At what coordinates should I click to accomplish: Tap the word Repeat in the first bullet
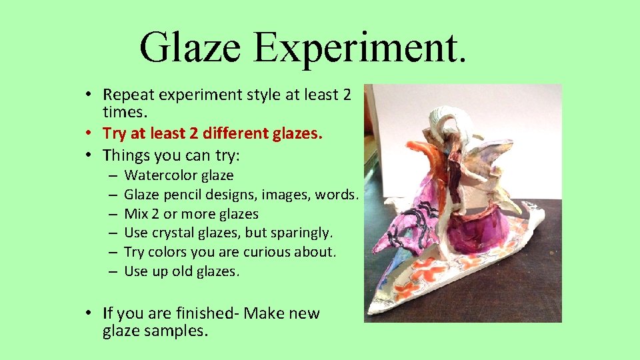pos(125,95)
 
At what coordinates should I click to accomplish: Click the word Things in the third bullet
pos(125,155)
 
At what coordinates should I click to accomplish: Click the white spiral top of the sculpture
pos(456,121)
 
